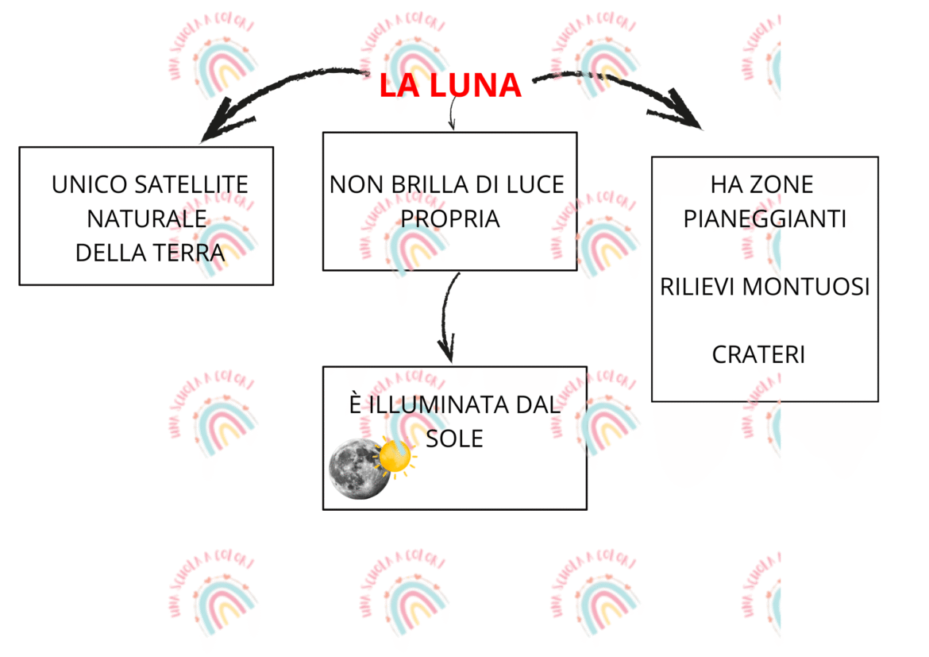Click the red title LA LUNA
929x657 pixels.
pyautogui.click(x=449, y=86)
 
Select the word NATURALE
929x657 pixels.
pyautogui.click(x=147, y=218)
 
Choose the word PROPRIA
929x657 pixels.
pyautogui.click(x=450, y=218)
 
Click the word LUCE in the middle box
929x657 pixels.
pyautogui.click(x=534, y=185)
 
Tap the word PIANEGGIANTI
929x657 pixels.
pyautogui.click(x=765, y=218)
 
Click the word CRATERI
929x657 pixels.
pyautogui.click(x=758, y=354)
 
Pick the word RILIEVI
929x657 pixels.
pyautogui.click(x=696, y=287)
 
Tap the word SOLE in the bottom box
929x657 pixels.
pyautogui.click(x=454, y=439)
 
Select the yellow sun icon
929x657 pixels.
pyautogui.click(x=395, y=457)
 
